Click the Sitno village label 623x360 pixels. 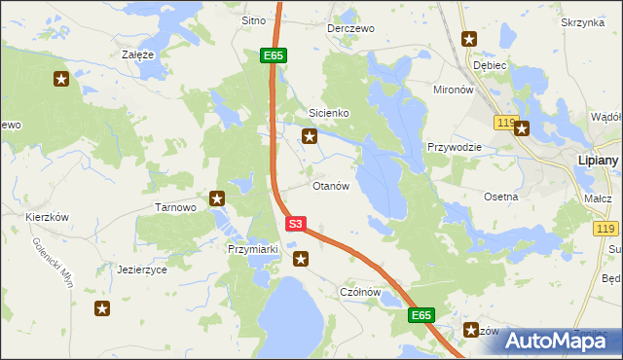(253, 20)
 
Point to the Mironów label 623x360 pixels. (453, 89)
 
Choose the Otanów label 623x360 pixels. (330, 186)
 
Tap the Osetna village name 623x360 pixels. (501, 196)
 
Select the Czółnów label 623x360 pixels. (359, 292)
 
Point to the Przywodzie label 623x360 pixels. (455, 147)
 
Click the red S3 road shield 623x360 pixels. (297, 224)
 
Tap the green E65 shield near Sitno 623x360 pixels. (273, 56)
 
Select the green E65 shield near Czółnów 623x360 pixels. (421, 315)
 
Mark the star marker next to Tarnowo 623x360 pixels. (217, 198)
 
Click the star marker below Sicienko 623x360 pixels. (310, 137)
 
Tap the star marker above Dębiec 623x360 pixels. (469, 39)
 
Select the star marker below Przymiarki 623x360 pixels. (302, 259)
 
